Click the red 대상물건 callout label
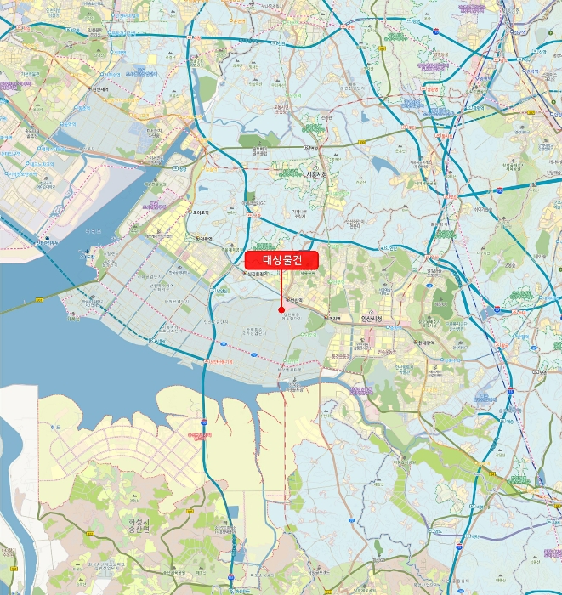(x=281, y=260)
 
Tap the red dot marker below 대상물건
(x=281, y=309)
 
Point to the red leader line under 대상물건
(x=281, y=289)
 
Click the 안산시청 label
(x=372, y=320)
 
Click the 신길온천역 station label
(x=258, y=274)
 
